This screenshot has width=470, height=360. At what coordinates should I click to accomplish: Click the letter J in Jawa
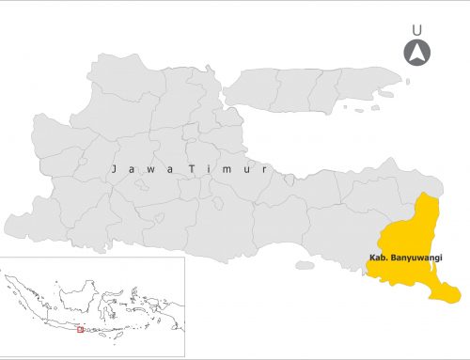112,169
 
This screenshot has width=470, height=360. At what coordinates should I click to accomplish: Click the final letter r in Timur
267,169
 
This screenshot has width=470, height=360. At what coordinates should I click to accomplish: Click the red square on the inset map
81,329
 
